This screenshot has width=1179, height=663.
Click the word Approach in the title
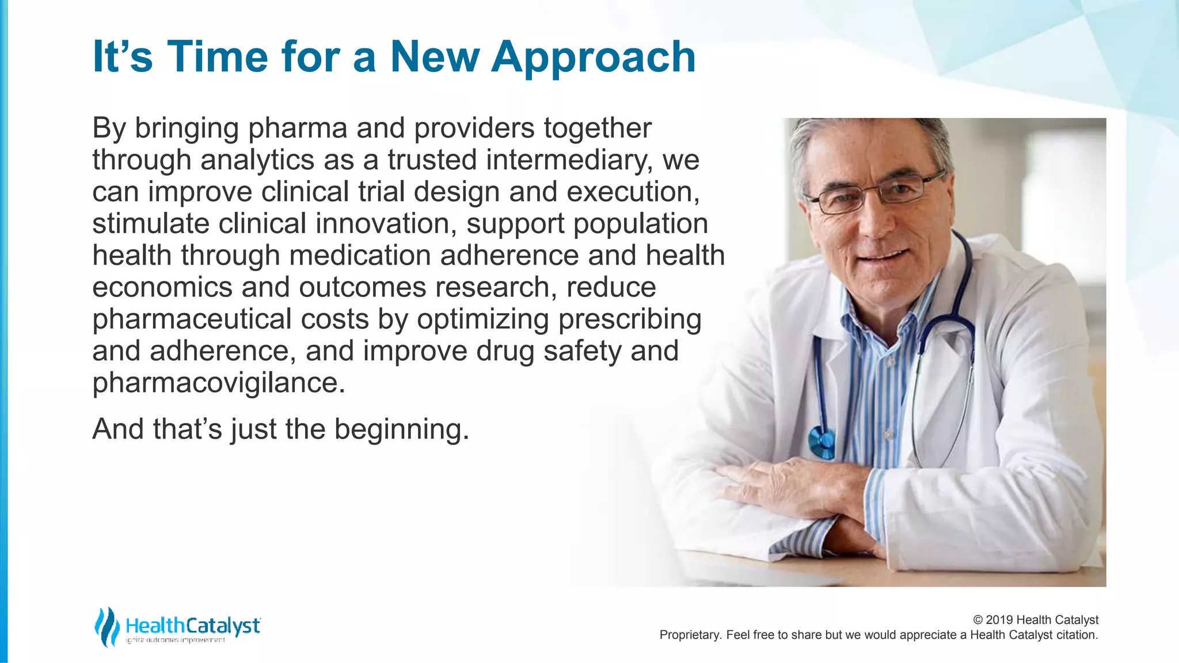[593, 58]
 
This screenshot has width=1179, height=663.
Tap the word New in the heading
[435, 58]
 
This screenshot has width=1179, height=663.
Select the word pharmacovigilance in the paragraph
[218, 383]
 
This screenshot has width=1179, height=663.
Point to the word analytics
[257, 160]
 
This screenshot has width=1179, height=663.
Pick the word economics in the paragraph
[162, 287]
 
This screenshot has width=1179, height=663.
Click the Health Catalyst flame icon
[107, 627]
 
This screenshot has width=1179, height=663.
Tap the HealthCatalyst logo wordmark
[193, 626]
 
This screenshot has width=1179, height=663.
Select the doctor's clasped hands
[806, 495]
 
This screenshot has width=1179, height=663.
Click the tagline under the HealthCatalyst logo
[176, 641]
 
